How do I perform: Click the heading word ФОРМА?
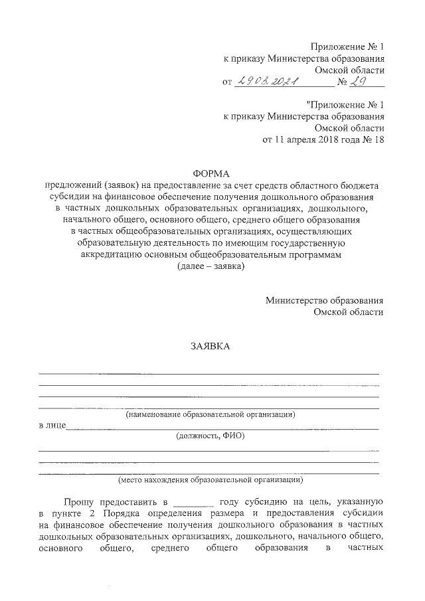(211, 172)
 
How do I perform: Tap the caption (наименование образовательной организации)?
(211, 414)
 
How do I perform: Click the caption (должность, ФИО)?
(211, 436)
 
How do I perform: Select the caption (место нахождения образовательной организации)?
(211, 479)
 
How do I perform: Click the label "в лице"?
(51, 425)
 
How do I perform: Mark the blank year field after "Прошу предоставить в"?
(193, 502)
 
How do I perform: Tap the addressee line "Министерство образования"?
(324, 300)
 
